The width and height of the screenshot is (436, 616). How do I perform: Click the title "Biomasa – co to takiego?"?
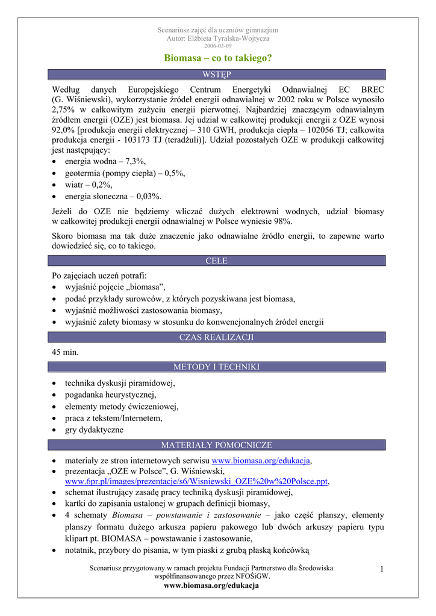click(217, 58)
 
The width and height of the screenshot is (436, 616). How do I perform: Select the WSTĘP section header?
click(217, 74)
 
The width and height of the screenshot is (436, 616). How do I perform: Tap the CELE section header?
click(217, 260)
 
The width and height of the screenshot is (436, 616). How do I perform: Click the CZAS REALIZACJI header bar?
click(217, 337)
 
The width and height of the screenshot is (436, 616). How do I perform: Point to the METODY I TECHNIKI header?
click(217, 366)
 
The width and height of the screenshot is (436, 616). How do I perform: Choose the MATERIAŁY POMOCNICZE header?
click(217, 445)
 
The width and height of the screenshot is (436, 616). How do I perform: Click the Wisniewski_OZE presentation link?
click(196, 482)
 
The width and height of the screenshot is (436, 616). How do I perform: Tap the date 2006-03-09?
click(217, 46)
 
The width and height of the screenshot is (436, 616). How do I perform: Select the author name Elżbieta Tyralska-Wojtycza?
click(231, 38)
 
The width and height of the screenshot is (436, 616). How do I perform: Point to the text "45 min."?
click(66, 352)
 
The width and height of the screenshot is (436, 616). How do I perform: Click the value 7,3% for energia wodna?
click(135, 162)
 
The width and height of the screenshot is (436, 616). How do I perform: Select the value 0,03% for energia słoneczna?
click(149, 196)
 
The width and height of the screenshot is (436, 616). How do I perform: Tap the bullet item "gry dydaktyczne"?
click(95, 430)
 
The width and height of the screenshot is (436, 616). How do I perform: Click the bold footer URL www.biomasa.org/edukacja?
click(217, 585)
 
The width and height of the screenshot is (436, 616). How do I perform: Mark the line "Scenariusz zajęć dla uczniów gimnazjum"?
click(217, 30)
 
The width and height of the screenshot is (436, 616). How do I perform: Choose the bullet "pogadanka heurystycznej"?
click(110, 395)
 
